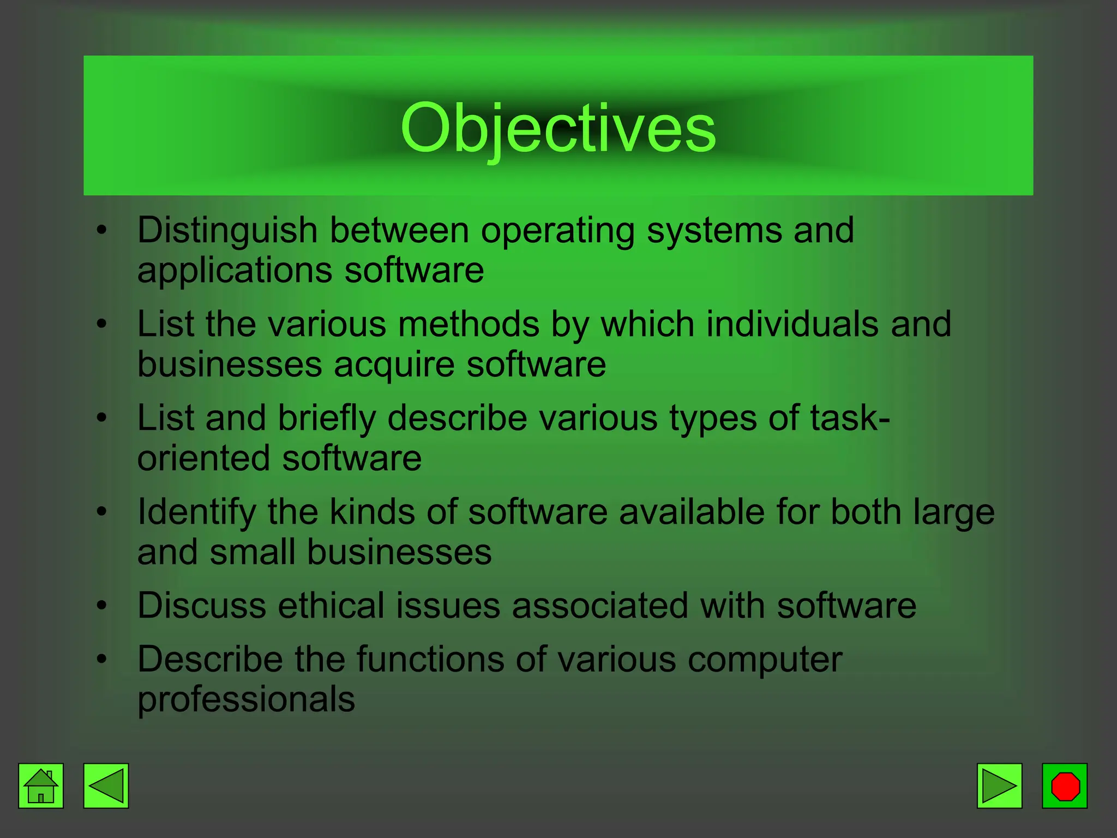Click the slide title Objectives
(x=557, y=129)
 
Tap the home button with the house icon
(x=41, y=786)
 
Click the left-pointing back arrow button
(x=106, y=786)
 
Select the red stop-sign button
(x=1065, y=786)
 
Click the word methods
(x=469, y=324)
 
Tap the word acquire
(x=394, y=364)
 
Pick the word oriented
(x=203, y=458)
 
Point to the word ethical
(x=331, y=606)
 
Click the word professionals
(x=246, y=700)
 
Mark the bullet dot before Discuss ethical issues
(x=101, y=606)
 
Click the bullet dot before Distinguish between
(x=101, y=230)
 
